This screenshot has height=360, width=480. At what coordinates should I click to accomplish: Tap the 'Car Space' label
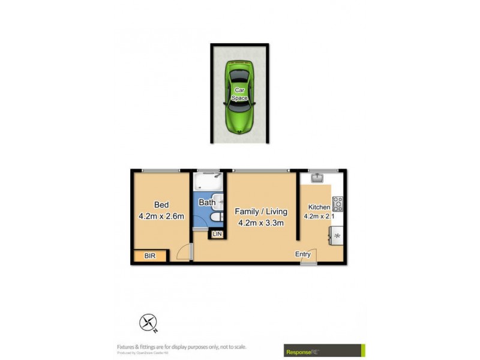coord(240,93)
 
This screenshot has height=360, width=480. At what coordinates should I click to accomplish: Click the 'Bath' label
coord(206,203)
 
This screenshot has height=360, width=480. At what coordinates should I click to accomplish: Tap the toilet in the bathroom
coord(217,217)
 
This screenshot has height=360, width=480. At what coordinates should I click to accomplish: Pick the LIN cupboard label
coord(217,233)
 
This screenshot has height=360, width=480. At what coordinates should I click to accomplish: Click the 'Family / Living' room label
coord(261,211)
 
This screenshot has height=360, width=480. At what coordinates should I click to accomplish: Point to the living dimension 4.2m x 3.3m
coord(261,223)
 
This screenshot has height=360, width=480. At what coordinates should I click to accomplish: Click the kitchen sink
coord(317,177)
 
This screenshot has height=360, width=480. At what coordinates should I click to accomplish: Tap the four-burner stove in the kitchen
coord(338,204)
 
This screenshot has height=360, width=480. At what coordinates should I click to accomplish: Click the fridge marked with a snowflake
coord(337,236)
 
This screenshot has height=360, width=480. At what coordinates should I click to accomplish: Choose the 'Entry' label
coord(303,254)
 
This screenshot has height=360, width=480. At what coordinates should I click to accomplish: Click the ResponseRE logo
coord(324,350)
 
